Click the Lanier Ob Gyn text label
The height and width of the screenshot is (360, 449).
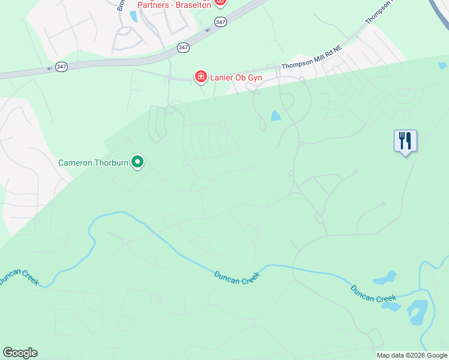(236, 77)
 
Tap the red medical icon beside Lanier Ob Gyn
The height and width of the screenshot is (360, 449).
(200, 77)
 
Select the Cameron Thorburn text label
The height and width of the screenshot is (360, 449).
(94, 162)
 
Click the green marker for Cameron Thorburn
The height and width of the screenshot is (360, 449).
(137, 161)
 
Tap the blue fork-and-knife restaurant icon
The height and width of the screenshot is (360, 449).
(405, 142)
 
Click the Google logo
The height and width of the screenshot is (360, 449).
(20, 353)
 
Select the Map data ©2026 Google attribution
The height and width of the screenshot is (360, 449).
(412, 355)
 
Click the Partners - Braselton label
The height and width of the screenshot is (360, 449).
(174, 5)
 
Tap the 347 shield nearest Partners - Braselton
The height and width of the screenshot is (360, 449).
(220, 22)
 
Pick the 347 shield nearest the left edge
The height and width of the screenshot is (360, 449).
(61, 67)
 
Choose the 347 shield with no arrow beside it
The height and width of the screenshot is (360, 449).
(184, 47)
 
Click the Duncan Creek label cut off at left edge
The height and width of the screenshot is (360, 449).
(18, 277)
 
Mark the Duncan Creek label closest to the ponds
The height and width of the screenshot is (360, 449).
(373, 293)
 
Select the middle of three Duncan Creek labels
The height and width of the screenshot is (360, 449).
(237, 278)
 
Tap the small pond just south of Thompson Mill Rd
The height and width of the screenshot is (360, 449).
(276, 116)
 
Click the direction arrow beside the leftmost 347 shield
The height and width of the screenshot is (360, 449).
(49, 68)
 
